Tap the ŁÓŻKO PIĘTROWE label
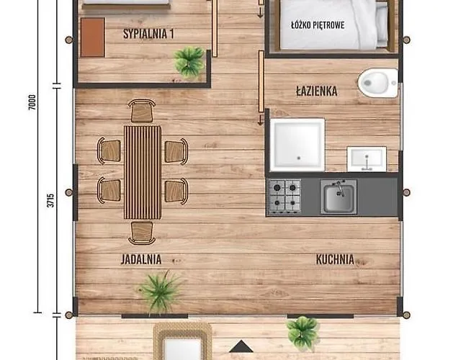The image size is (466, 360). tap(318, 24)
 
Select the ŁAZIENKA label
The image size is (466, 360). tap(316, 91)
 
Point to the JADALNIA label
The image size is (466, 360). tap(141, 259)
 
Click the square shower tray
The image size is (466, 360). tap(296, 144)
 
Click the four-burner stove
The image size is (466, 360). tap(284, 195)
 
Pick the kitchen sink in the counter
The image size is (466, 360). tap(339, 197)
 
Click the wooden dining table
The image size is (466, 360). tap(142, 171)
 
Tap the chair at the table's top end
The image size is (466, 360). tap(142, 111)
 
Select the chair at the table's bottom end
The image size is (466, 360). tap(142, 232)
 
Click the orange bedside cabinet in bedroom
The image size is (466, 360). tap(92, 37)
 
